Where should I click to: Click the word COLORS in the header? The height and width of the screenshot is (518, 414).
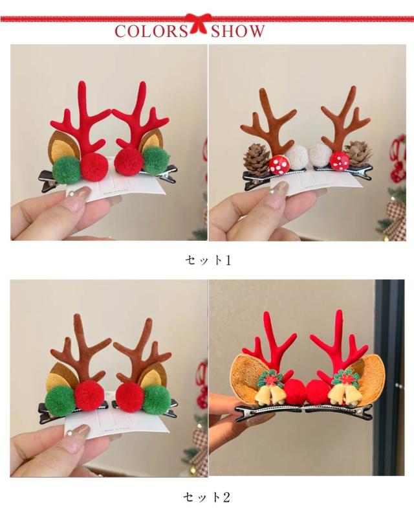tap(151, 32)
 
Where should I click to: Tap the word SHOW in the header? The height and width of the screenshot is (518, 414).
tap(237, 32)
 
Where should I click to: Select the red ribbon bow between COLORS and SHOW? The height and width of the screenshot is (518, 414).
tap(199, 23)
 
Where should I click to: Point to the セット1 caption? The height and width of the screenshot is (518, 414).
tap(208, 260)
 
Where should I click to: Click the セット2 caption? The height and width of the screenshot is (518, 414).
tap(207, 497)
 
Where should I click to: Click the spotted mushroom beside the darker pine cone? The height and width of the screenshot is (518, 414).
tap(279, 165)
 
